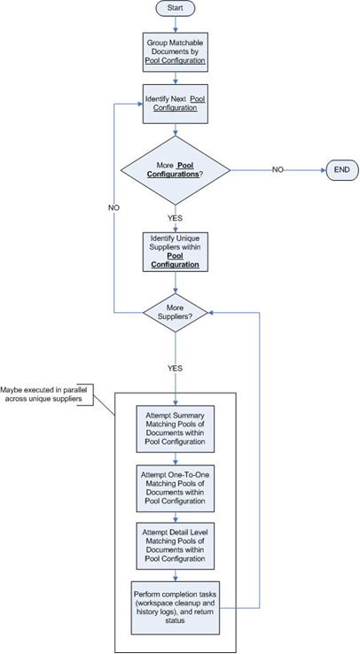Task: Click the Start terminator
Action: (176, 8)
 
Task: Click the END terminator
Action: (341, 167)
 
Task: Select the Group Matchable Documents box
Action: (176, 52)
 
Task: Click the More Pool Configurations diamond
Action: (176, 167)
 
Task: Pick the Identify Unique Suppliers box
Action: (176, 252)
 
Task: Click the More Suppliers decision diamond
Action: (176, 312)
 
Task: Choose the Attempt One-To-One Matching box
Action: (176, 486)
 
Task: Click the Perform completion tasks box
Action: (176, 604)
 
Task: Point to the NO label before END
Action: (278, 167)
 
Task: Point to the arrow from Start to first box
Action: (176, 24)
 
